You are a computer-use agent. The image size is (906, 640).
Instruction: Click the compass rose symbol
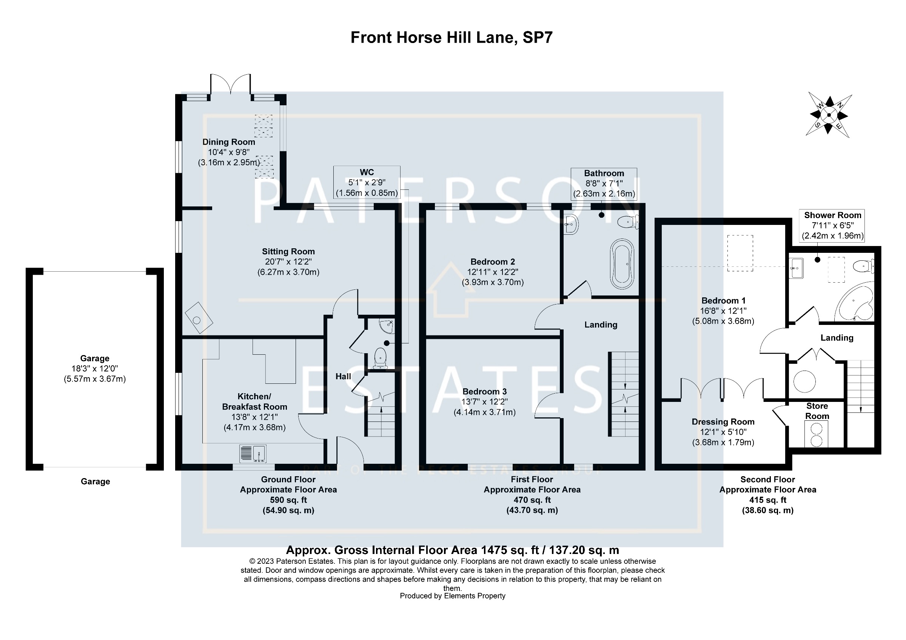[x=829, y=115]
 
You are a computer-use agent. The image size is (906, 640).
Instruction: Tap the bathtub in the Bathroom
[x=622, y=264]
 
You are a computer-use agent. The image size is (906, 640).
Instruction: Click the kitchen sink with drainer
[x=253, y=454]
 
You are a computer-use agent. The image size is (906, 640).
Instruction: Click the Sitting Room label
[x=288, y=252]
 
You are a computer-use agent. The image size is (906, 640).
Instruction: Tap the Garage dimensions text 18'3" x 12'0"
[x=95, y=369]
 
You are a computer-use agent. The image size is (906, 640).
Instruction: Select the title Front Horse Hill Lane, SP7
[x=451, y=37]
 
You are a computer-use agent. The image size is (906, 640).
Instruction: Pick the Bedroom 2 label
[x=493, y=262]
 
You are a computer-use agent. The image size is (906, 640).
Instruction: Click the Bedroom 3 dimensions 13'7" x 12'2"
[x=485, y=402]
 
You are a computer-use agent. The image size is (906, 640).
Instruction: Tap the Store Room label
[x=817, y=411]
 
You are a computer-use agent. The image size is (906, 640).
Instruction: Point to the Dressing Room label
[x=723, y=422]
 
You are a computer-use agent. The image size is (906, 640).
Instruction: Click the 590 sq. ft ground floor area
[x=288, y=500]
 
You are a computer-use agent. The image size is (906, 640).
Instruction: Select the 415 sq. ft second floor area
[x=767, y=500]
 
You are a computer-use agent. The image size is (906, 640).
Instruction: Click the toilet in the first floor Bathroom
[x=627, y=222]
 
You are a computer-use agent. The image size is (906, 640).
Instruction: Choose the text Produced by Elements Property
[x=453, y=596]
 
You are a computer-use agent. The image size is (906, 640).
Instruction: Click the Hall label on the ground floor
[x=343, y=377]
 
